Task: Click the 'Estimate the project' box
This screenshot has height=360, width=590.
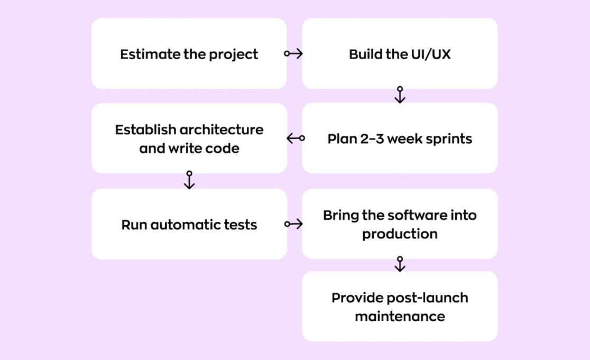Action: [189, 53]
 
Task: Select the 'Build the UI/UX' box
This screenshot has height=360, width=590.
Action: [400, 53]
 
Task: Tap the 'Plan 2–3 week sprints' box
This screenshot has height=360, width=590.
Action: [400, 139]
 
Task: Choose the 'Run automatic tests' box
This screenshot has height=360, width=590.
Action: [189, 224]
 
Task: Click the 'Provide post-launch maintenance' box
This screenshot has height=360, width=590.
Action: [400, 307]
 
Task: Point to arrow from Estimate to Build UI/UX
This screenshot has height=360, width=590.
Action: [293, 53]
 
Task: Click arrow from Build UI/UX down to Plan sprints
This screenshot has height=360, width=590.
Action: [400, 95]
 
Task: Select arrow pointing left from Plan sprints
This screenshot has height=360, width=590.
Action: [296, 139]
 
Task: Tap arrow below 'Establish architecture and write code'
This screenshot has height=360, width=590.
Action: [189, 180]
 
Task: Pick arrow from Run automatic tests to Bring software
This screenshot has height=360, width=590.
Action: [293, 224]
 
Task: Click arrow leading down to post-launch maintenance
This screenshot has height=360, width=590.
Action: [400, 264]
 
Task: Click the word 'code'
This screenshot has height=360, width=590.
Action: [224, 149]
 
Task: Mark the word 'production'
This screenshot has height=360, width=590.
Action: [400, 234]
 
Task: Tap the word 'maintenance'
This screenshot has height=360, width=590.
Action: [400, 317]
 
